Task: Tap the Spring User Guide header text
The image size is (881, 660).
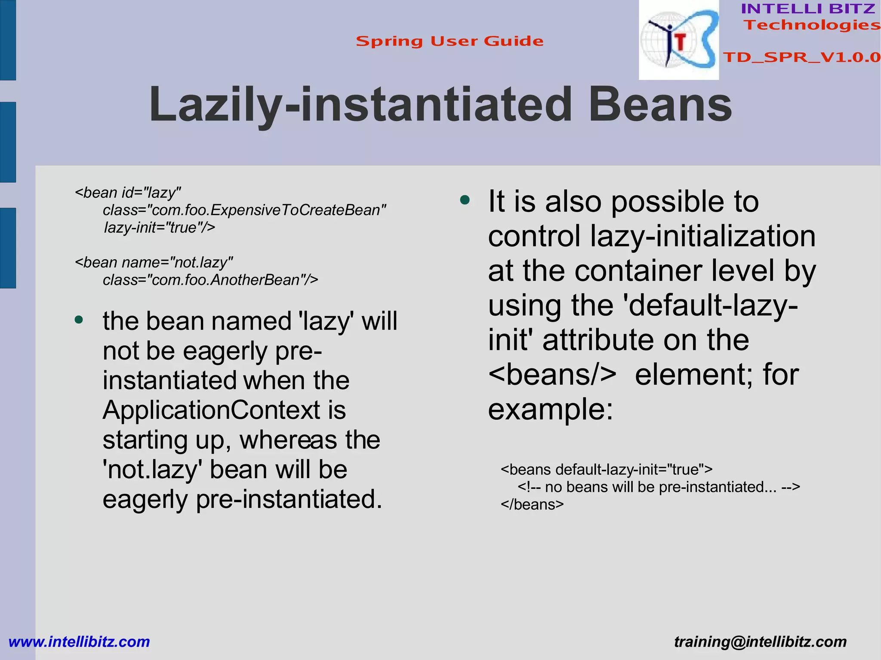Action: click(450, 41)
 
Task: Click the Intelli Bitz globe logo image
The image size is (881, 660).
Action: click(678, 40)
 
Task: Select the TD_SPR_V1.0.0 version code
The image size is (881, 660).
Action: click(801, 57)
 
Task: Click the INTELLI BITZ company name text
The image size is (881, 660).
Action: click(808, 9)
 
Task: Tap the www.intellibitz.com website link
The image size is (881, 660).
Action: click(79, 642)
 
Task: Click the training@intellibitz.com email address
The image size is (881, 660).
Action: click(760, 642)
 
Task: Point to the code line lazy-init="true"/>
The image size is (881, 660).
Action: click(160, 227)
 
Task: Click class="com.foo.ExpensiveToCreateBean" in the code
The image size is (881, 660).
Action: click(244, 210)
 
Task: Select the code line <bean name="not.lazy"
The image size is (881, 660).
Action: click(154, 262)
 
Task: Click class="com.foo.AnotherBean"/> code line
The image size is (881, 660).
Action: click(210, 280)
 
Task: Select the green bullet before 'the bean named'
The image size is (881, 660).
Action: click(78, 320)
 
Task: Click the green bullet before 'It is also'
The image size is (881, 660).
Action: click(465, 200)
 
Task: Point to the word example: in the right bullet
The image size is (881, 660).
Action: click(550, 409)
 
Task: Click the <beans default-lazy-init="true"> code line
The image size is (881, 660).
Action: click(607, 470)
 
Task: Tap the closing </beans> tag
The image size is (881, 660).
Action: click(532, 504)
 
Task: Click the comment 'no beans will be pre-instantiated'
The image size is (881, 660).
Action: click(658, 487)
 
